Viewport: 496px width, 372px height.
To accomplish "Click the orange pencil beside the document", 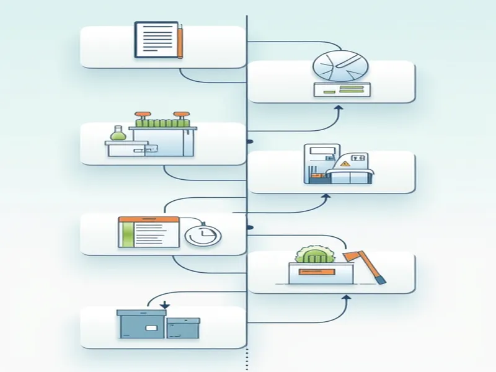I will click(179, 41).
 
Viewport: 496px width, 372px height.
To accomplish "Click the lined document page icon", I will click(155, 40).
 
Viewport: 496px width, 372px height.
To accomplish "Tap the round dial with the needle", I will click(340, 66).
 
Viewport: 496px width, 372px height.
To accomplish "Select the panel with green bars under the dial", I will click(342, 89).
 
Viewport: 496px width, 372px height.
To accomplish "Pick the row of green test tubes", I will click(162, 122).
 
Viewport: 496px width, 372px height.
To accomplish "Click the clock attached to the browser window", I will click(203, 236).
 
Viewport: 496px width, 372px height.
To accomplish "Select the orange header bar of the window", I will click(148, 219).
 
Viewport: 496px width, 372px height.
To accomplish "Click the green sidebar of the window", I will click(128, 235).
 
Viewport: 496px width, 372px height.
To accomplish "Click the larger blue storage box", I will click(141, 324).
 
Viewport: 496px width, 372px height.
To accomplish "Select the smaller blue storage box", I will click(183, 328).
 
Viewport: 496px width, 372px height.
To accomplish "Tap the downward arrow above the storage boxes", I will click(164, 304).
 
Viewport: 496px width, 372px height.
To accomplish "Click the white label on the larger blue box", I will click(150, 327).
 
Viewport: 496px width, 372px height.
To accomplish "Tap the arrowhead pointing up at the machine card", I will click(327, 198).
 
